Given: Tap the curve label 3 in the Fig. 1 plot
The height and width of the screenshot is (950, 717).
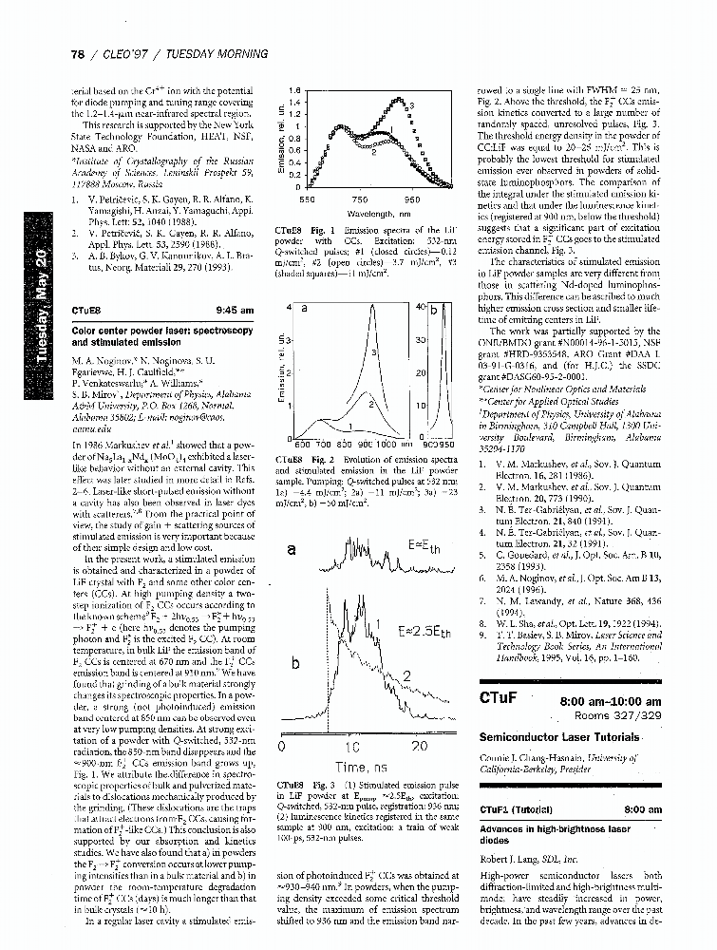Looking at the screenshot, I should click(x=409, y=103).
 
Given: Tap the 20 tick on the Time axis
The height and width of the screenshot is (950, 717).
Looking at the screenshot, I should click(x=421, y=748).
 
